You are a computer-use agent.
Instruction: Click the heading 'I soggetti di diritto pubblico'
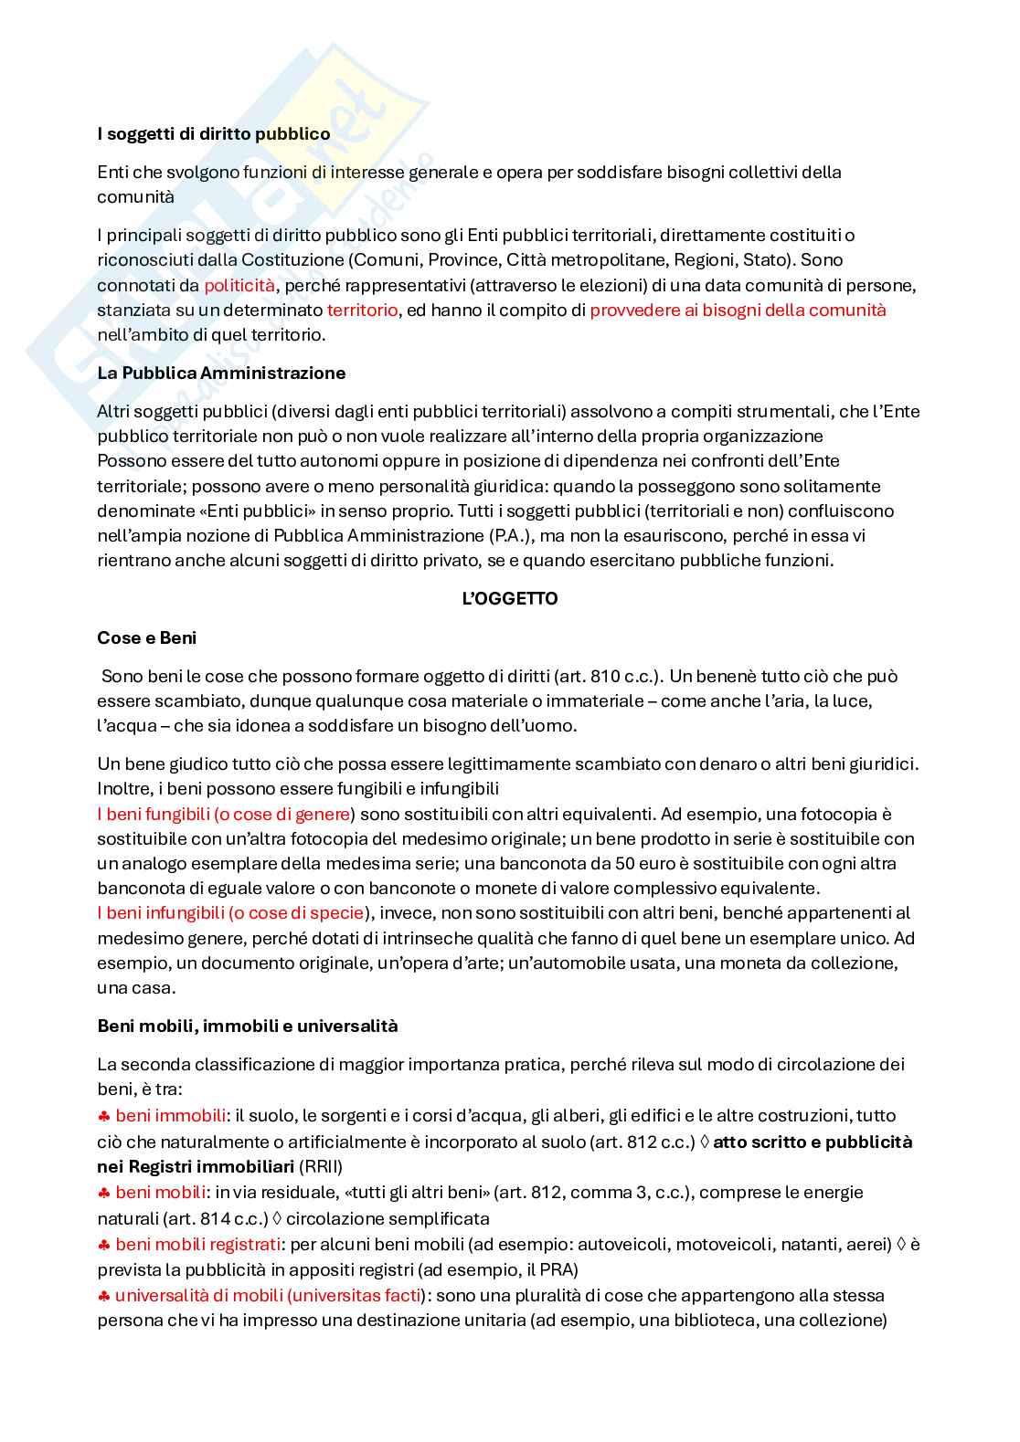(x=213, y=134)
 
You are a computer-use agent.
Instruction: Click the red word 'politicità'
(x=239, y=285)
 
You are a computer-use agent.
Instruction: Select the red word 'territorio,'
(x=362, y=310)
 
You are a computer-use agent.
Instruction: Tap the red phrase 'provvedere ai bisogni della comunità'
(x=738, y=310)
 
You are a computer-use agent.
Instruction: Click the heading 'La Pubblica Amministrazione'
(x=221, y=373)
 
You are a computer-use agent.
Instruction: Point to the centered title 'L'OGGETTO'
(x=510, y=599)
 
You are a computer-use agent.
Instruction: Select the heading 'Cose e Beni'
(x=146, y=637)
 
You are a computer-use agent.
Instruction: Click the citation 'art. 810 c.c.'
(x=607, y=677)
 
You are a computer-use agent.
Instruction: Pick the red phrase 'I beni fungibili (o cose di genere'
(x=224, y=814)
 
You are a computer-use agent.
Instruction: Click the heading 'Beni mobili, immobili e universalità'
(x=248, y=1026)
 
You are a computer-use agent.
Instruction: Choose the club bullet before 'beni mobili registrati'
(x=104, y=1244)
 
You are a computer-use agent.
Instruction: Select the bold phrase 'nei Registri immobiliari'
(x=196, y=1166)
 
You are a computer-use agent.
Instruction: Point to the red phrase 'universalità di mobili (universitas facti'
(x=269, y=1295)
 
